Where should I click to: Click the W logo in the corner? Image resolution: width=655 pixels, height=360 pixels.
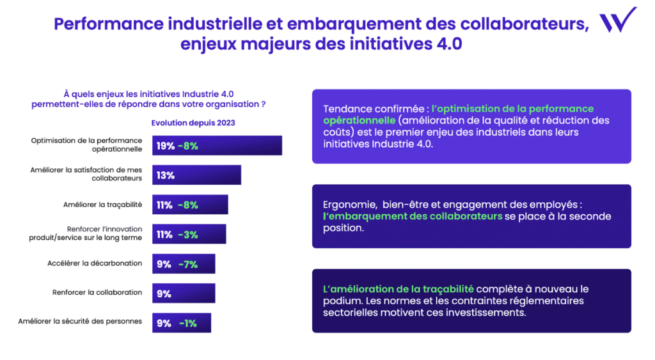[x=617, y=20]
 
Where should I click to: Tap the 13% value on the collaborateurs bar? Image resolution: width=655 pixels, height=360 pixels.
[x=165, y=175]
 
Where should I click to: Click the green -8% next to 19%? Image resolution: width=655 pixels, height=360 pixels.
[x=188, y=146]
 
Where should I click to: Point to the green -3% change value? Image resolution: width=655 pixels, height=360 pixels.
[x=188, y=235]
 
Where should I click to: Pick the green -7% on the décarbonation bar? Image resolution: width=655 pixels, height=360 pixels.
[x=188, y=264]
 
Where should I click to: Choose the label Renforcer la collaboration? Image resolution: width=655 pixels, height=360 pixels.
[x=97, y=292]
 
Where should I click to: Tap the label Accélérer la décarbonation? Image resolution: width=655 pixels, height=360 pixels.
[x=95, y=263]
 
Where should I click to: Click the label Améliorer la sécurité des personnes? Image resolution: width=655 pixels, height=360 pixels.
[x=80, y=321]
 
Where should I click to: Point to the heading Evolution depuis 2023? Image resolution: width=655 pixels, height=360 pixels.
[x=193, y=123]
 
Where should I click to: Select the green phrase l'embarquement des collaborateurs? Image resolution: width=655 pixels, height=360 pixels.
[x=413, y=216]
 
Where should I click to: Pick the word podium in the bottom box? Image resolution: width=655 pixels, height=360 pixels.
[x=341, y=301]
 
